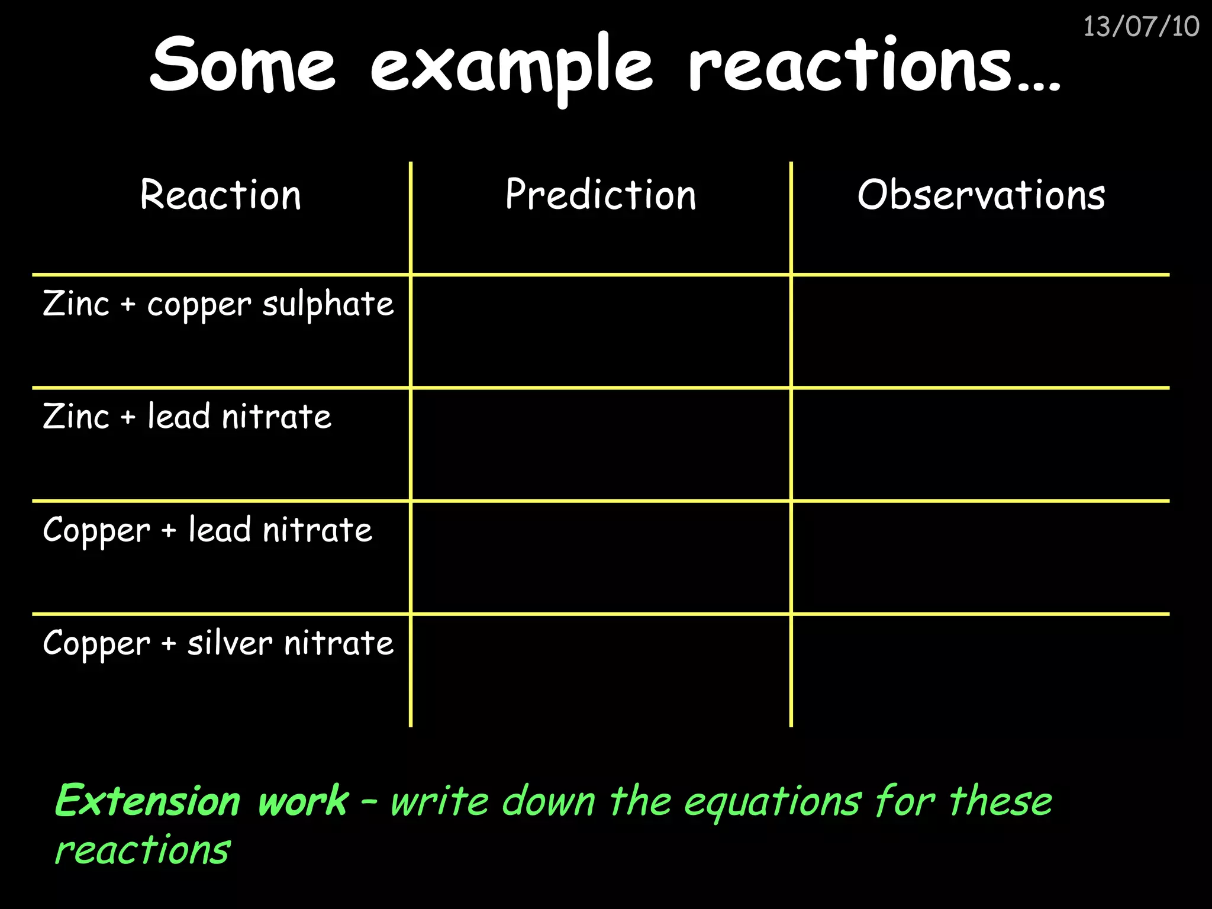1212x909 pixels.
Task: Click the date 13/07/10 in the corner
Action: pyautogui.click(x=1141, y=27)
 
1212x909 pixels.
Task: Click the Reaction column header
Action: pyautogui.click(x=221, y=195)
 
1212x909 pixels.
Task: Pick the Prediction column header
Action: pyautogui.click(x=601, y=195)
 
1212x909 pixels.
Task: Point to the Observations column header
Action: pyautogui.click(x=981, y=195)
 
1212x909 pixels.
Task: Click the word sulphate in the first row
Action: pyautogui.click(x=328, y=304)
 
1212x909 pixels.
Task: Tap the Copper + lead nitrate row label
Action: pyautogui.click(x=207, y=530)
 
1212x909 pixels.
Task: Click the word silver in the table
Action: pyautogui.click(x=230, y=643)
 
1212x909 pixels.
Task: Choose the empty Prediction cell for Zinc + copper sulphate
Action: pyautogui.click(x=601, y=331)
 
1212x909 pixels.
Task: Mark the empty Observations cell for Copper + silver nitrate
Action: pyautogui.click(x=981, y=671)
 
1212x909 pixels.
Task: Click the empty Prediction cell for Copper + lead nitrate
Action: pyautogui.click(x=601, y=557)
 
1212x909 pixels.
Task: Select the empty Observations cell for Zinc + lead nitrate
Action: pyautogui.click(x=981, y=444)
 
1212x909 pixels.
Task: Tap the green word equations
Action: pyautogui.click(x=772, y=802)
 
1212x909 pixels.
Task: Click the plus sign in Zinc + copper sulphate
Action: pyautogui.click(x=128, y=305)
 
